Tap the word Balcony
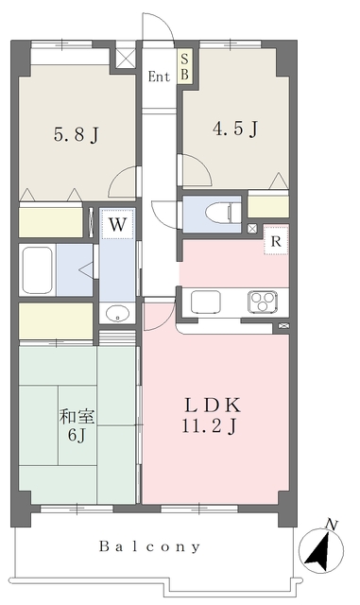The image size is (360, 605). [x=150, y=546]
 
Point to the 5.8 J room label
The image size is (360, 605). [x=77, y=135]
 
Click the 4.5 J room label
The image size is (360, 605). [x=235, y=129]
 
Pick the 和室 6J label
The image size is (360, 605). [x=77, y=425]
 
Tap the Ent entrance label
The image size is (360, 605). [x=159, y=77]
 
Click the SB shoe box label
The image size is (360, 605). [x=185, y=67]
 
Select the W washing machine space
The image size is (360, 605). [x=117, y=224]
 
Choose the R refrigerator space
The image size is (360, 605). [x=276, y=241]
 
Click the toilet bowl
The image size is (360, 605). [x=219, y=214]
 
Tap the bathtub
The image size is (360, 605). [x=37, y=269]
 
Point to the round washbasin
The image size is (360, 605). [x=117, y=313]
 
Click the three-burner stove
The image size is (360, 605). [x=263, y=302]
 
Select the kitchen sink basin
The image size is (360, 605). [x=205, y=302]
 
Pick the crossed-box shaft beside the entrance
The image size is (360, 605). [x=126, y=58]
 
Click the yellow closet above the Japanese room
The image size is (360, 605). [x=56, y=321]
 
